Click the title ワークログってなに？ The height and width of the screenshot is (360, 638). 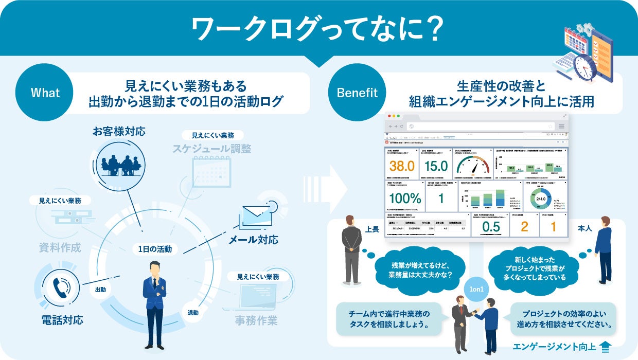tap(318, 29)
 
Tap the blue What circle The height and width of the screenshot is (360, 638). tap(45, 93)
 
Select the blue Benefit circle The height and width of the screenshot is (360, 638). tap(357, 93)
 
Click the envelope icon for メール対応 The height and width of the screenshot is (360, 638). tap(256, 216)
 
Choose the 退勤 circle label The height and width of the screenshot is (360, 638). tap(193, 312)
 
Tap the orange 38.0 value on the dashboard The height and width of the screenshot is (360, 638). tap(402, 166)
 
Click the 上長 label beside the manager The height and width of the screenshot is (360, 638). tap(372, 229)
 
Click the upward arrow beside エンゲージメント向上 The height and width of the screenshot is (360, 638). tap(606, 347)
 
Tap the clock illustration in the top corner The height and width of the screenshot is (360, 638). tap(585, 66)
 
